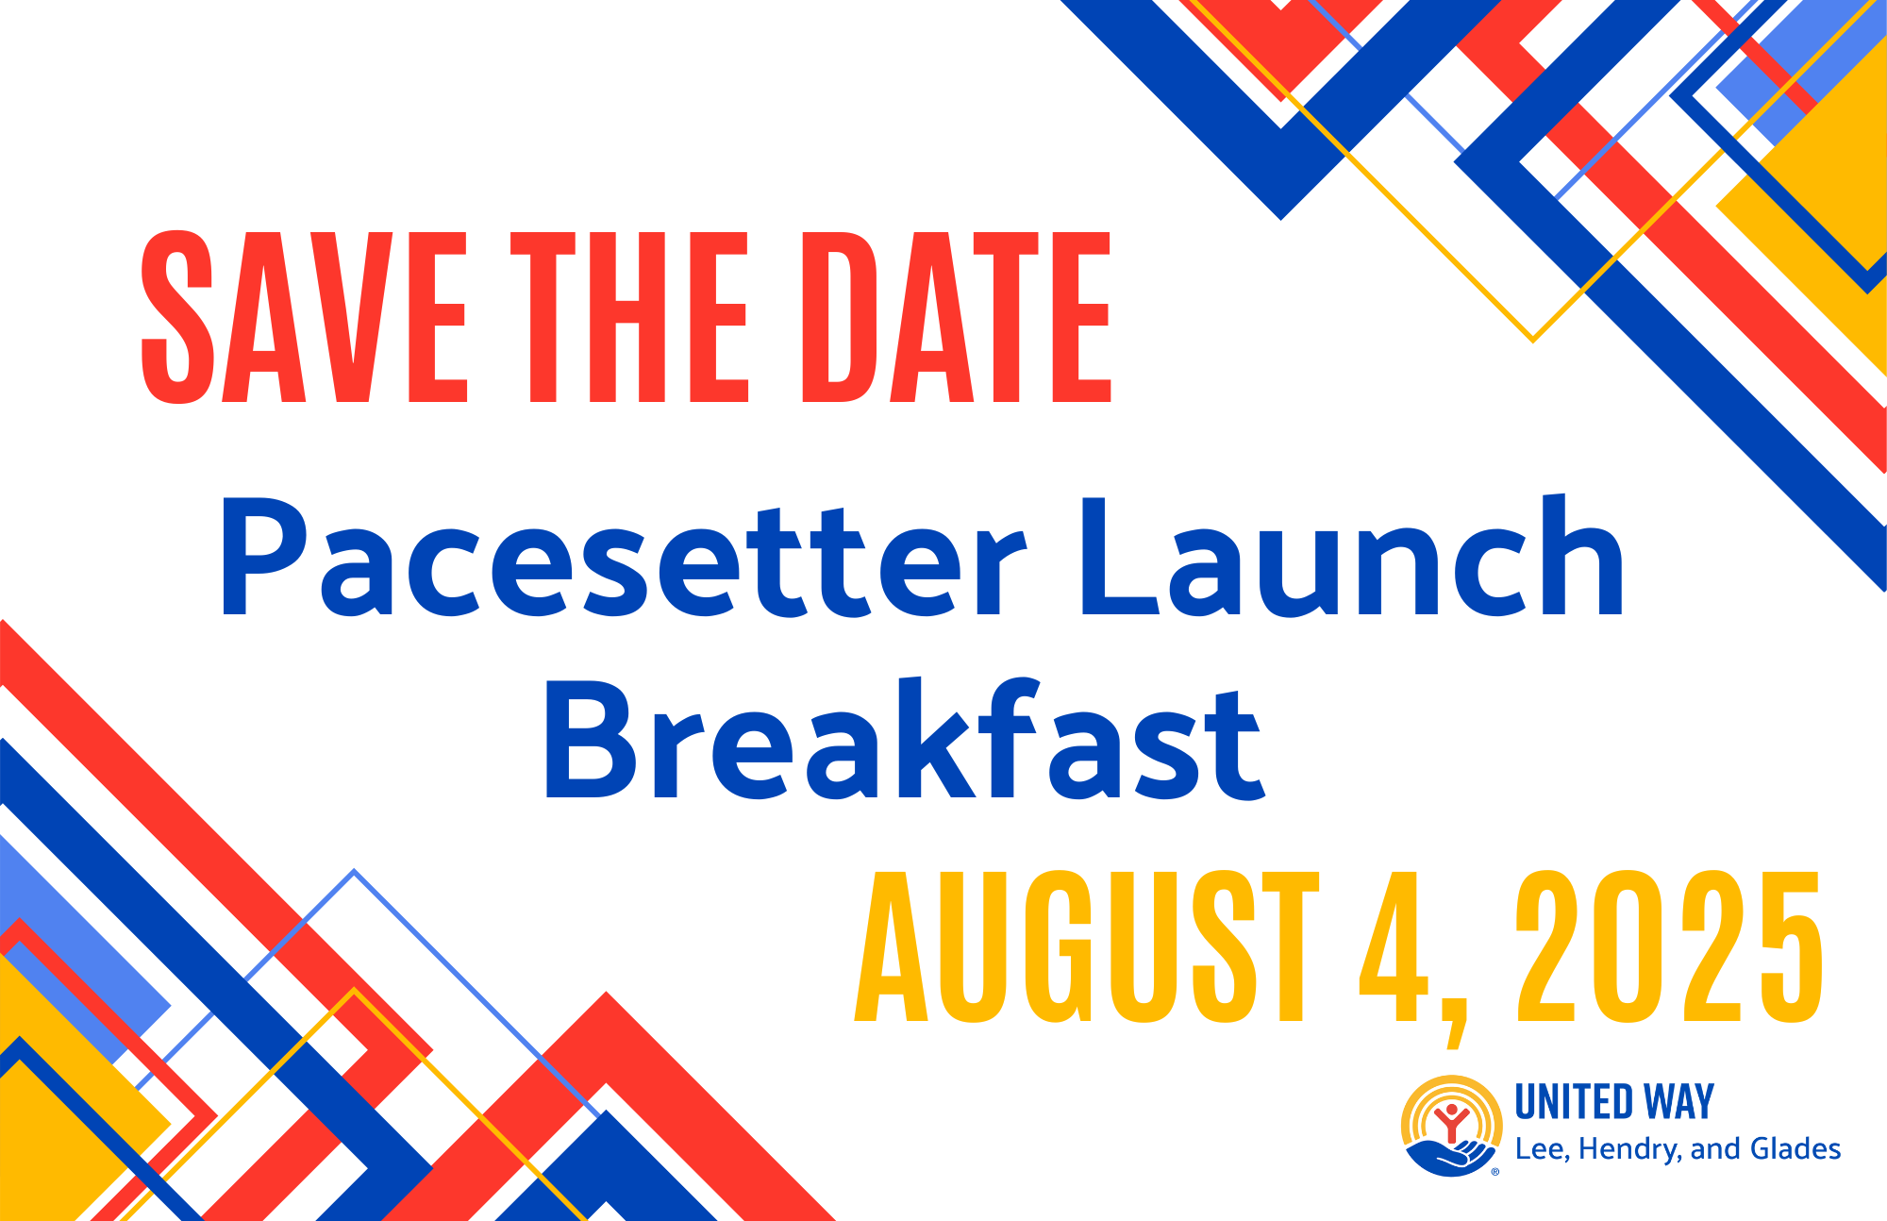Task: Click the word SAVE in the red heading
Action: (x=304, y=317)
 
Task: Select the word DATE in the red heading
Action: (x=957, y=317)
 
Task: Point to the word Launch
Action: (x=1352, y=556)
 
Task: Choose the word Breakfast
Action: (x=904, y=740)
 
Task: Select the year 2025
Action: (x=1669, y=946)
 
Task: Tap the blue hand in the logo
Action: (x=1450, y=1158)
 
